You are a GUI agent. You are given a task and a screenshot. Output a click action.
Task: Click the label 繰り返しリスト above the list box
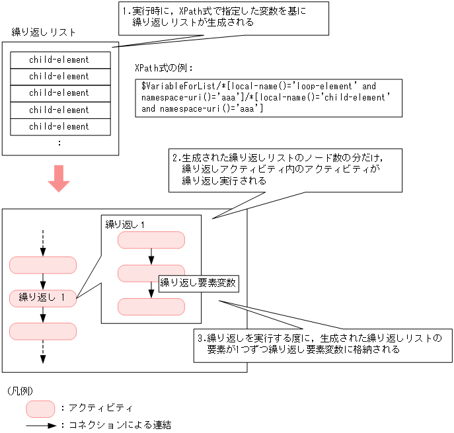click(x=44, y=32)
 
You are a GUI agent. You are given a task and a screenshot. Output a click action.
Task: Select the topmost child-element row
click(x=59, y=60)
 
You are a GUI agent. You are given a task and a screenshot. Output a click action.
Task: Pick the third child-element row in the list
click(x=59, y=93)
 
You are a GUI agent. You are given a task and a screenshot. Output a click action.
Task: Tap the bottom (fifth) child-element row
click(x=59, y=126)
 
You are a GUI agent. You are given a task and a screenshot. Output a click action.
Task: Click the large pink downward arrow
click(x=59, y=178)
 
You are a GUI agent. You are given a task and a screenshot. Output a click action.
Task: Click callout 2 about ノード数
click(x=284, y=170)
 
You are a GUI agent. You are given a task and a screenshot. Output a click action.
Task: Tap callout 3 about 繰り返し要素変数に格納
click(x=322, y=344)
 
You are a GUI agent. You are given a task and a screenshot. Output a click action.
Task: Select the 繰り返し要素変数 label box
click(x=198, y=283)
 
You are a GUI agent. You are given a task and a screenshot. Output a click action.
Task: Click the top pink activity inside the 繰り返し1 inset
click(x=151, y=241)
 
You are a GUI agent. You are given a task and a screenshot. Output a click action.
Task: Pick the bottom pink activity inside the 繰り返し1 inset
click(x=151, y=307)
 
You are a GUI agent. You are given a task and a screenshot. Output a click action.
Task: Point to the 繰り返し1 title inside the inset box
click(x=125, y=225)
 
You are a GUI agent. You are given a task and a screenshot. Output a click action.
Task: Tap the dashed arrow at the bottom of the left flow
click(x=43, y=351)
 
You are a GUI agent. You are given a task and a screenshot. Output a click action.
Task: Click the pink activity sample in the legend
click(x=40, y=408)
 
